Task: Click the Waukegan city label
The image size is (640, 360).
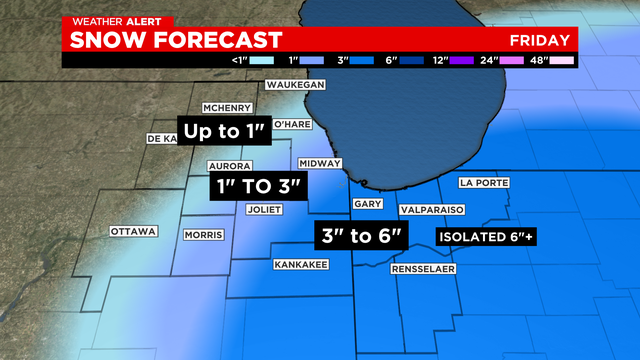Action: [297, 86]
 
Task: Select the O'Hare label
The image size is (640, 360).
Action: [295, 123]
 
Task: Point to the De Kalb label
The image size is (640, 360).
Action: [162, 138]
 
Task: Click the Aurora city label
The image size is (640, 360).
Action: [228, 165]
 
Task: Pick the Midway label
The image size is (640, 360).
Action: [321, 163]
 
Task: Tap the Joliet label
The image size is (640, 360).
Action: [265, 209]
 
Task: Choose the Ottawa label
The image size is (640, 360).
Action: [134, 231]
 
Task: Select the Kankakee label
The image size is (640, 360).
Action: [301, 265]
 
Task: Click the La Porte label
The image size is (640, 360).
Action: [485, 183]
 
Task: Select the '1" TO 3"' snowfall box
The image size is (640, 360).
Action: [257, 187]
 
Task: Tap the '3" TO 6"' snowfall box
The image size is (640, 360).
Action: [362, 236]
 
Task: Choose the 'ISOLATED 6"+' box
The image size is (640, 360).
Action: [485, 236]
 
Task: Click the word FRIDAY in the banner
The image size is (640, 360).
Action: [539, 41]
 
